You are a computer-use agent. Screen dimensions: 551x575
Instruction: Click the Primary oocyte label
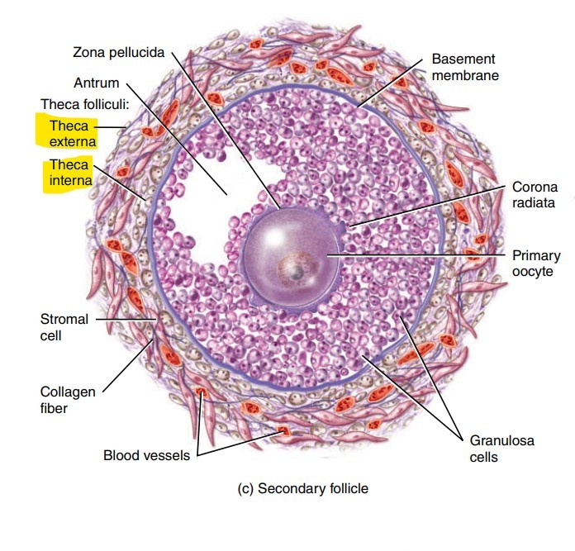pyautogui.click(x=536, y=264)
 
